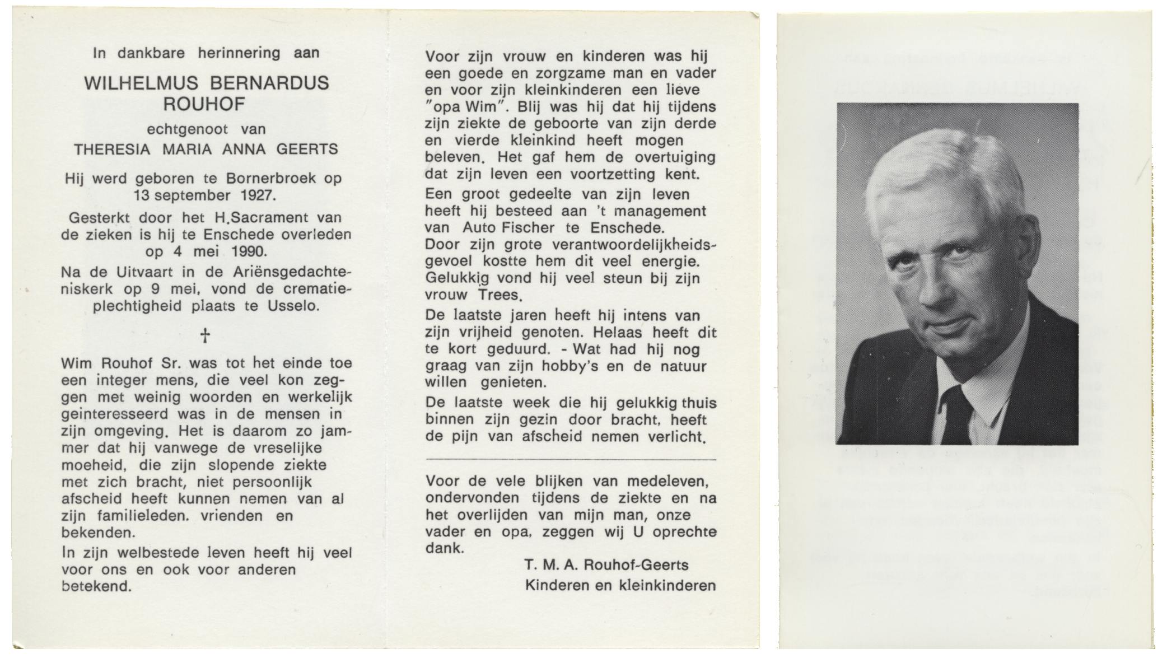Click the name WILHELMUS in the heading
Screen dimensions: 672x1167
click(141, 83)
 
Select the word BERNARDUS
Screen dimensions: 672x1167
click(269, 83)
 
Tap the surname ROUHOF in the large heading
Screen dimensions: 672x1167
click(204, 104)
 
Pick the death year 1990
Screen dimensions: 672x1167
click(250, 251)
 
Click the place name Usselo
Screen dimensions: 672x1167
click(296, 306)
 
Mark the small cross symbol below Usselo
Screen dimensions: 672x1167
click(205, 335)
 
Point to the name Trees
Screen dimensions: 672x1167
click(500, 295)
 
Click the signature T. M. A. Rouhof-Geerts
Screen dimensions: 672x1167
click(606, 566)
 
